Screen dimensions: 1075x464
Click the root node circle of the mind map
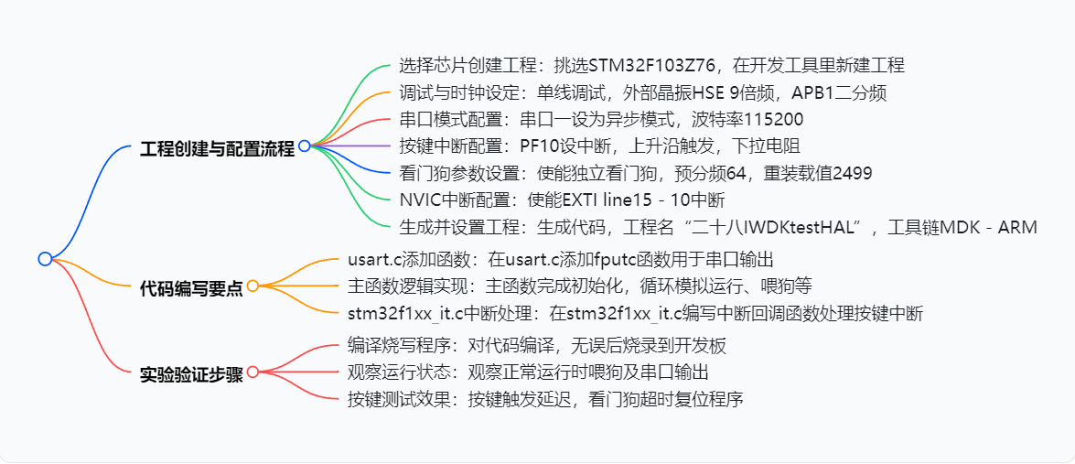45,259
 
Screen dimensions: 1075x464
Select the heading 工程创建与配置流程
217,148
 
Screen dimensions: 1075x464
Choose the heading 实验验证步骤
191,374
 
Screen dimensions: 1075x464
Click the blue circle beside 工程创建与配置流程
304,146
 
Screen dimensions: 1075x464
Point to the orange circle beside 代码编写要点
253,286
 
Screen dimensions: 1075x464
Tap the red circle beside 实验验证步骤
253,372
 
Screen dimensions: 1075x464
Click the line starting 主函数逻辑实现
578,286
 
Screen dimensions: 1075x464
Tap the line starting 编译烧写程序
537,346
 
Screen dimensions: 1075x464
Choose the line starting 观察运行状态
528,372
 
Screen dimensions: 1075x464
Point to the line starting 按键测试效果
544,399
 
